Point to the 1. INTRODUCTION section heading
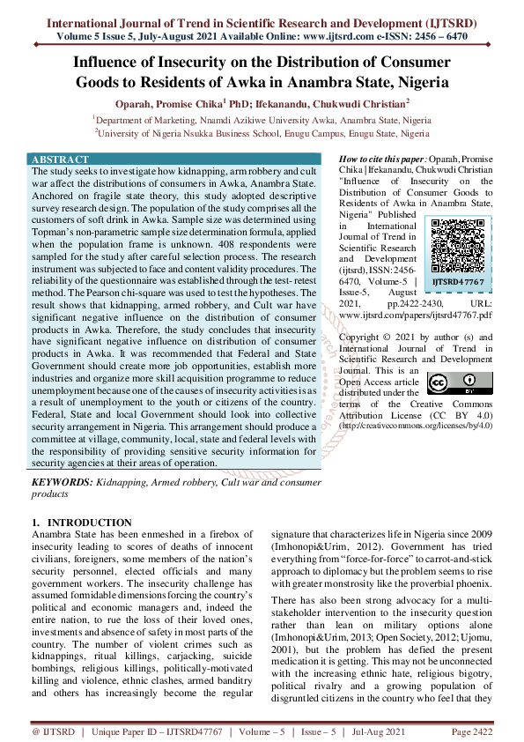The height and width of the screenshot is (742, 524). [81, 523]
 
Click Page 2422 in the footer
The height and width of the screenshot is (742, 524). [470, 731]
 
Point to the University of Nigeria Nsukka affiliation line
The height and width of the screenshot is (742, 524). [262, 133]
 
